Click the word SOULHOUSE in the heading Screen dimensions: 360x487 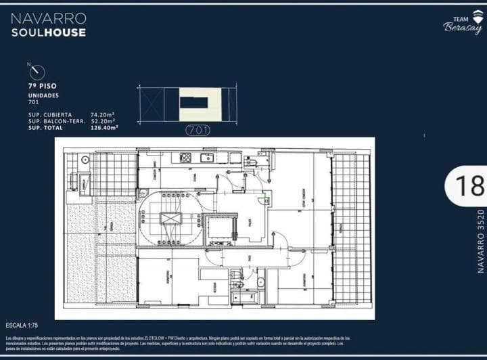(x=48, y=32)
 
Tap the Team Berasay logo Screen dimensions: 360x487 (x=463, y=26)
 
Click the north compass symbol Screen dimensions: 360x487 (x=37, y=72)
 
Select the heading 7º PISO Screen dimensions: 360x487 (x=42, y=87)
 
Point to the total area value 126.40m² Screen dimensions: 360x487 (x=104, y=127)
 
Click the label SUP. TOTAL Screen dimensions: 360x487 (x=47, y=127)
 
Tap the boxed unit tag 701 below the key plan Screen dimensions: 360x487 (x=197, y=129)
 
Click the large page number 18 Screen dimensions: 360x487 (x=469, y=185)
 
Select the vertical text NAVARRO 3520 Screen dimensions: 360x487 (x=481, y=241)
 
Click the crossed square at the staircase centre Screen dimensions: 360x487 (x=170, y=219)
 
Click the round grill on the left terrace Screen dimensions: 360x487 (x=85, y=160)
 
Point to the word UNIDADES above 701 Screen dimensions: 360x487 (x=43, y=95)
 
